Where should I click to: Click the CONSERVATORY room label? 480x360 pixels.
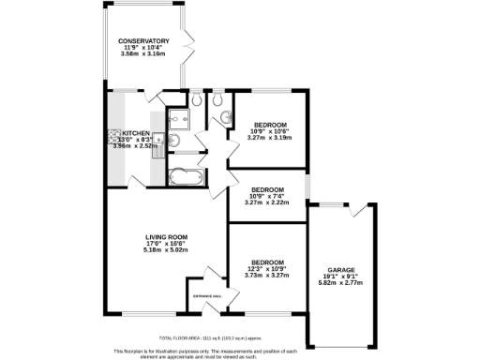click(143, 41)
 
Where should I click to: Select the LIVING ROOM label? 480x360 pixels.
click(167, 236)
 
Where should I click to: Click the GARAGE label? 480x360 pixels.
click(341, 269)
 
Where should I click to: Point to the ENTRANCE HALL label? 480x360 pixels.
click(206, 296)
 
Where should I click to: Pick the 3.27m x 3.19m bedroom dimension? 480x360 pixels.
click(269, 138)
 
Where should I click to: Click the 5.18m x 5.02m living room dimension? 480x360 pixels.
click(167, 250)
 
